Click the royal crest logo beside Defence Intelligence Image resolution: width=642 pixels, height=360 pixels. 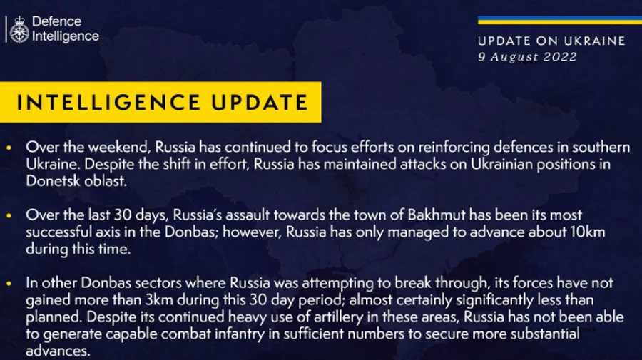point(19,29)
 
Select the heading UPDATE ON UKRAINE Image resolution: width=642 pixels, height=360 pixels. point(551,41)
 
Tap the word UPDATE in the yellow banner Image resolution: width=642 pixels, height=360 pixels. point(260,102)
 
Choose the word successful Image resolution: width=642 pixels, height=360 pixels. point(56,232)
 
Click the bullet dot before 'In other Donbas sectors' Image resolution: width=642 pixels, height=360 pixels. point(9,284)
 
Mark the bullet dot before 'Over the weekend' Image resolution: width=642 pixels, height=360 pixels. point(9,148)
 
